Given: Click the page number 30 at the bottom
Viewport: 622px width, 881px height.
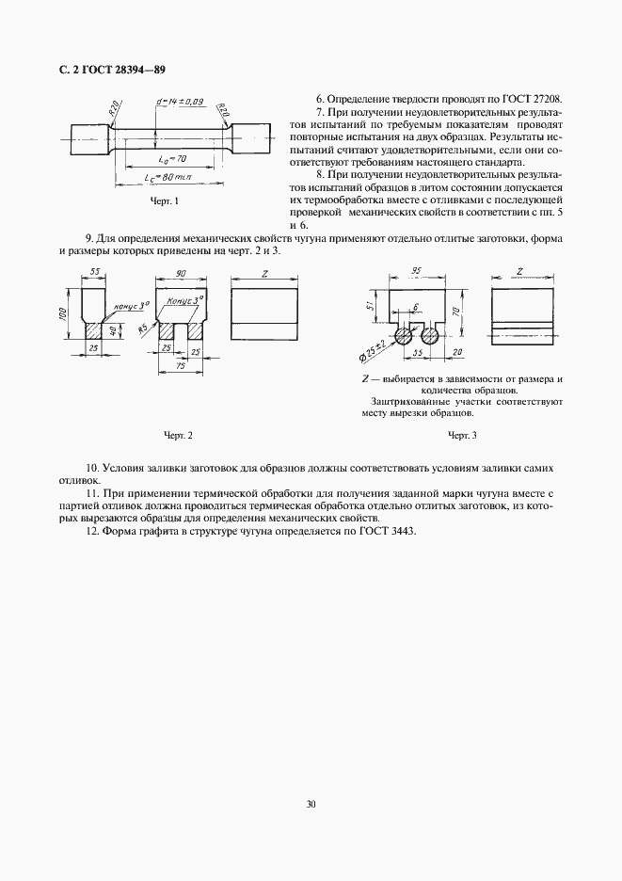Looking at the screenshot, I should click(311, 804).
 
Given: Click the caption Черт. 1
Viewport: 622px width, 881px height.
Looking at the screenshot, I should click(165, 201).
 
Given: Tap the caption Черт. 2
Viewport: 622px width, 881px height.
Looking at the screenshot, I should click(178, 435).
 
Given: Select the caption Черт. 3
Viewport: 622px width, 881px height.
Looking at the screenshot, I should click(462, 435).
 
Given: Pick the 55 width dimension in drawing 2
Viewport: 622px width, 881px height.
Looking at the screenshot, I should click(95, 272).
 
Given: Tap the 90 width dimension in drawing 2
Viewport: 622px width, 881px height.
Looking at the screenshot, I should click(179, 272).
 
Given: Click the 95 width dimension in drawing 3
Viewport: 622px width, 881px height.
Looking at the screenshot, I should click(415, 272).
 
